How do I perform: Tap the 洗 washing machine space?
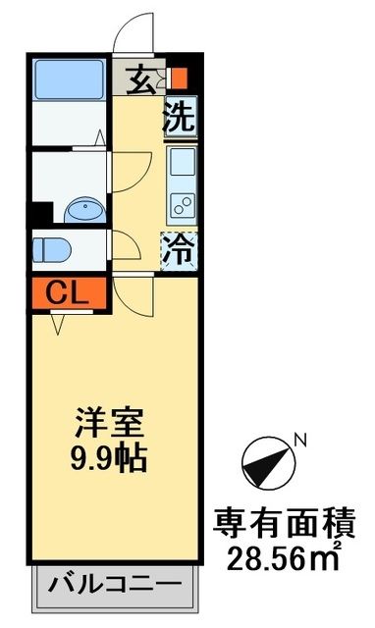point(180,119)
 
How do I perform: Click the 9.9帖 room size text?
point(111,458)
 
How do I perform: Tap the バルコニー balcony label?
point(116,589)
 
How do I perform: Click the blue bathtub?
point(68,79)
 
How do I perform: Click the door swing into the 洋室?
point(134,294)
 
